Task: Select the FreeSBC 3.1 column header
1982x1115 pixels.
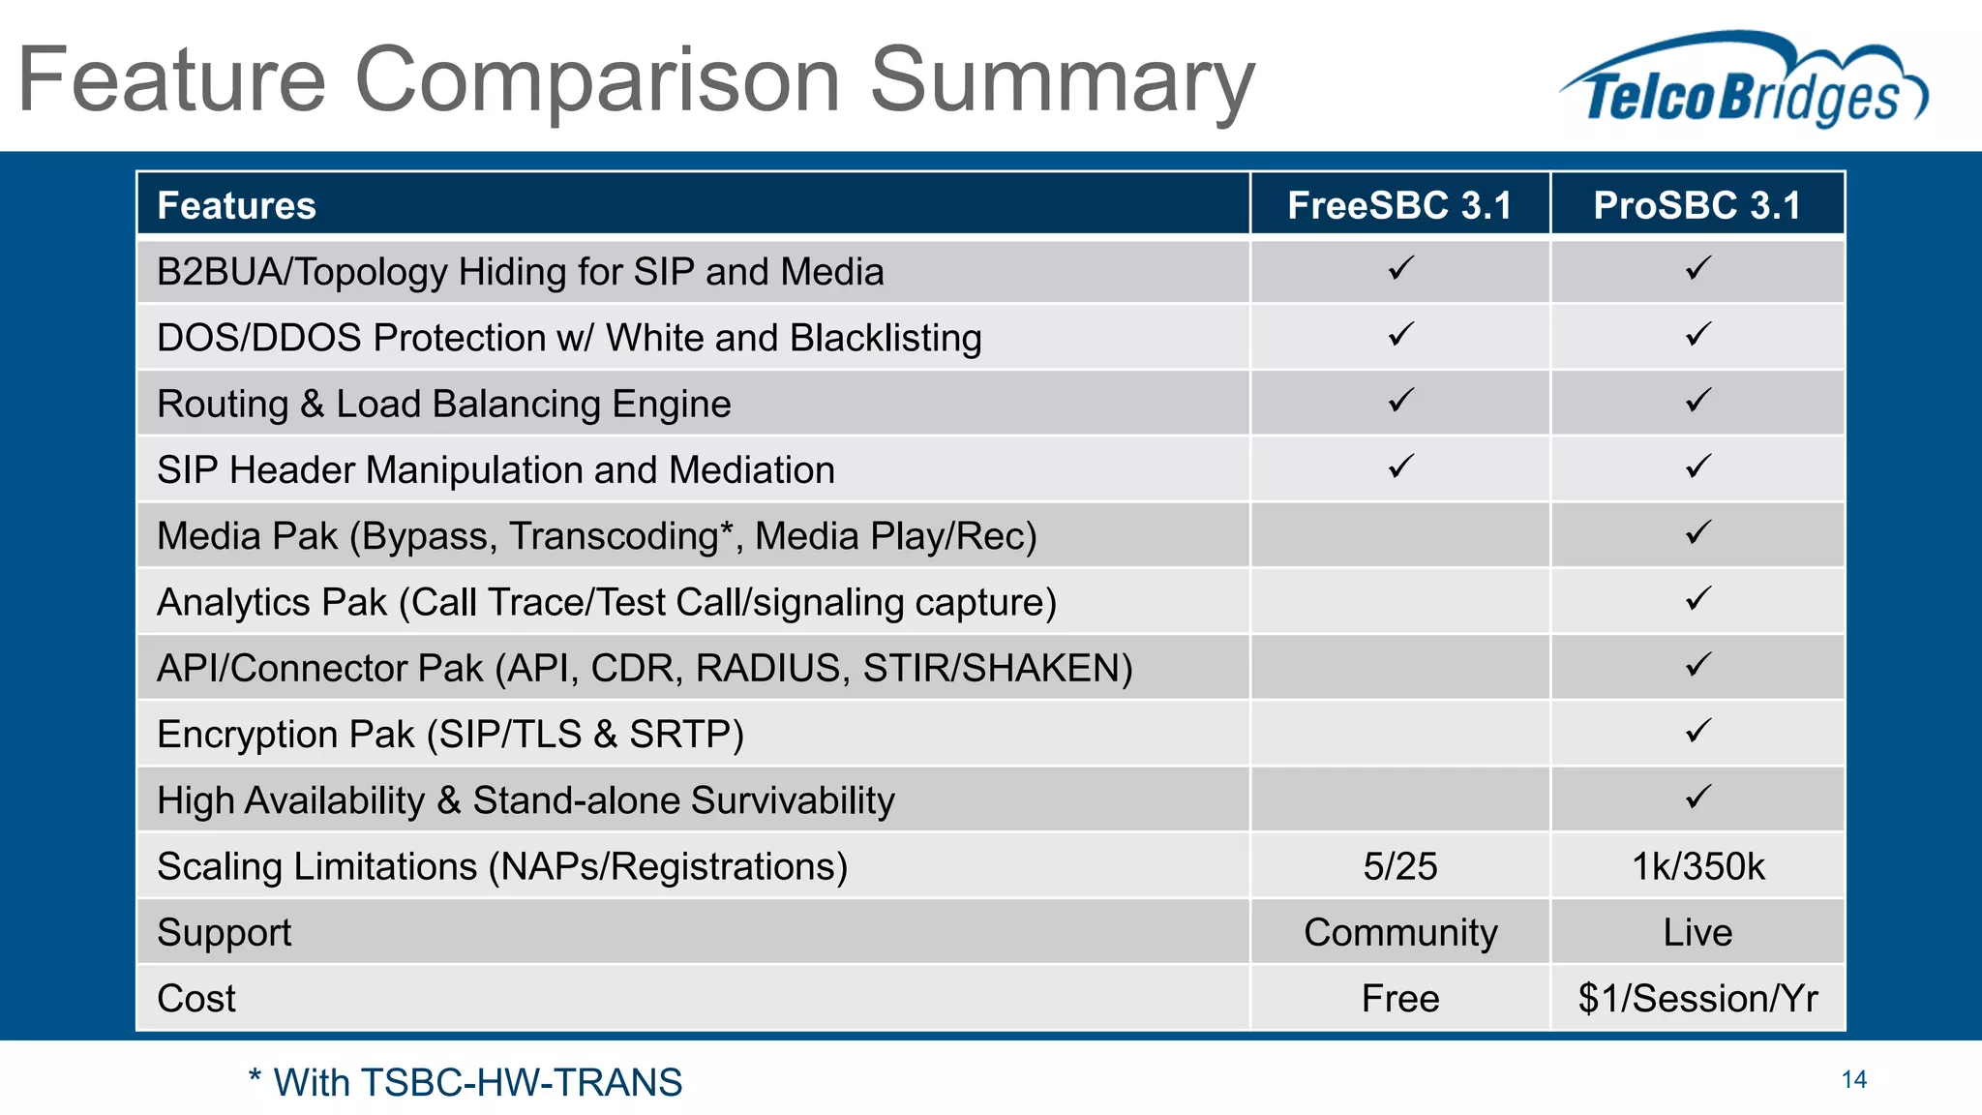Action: click(x=1399, y=205)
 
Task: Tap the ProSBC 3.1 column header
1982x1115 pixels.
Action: click(x=1697, y=205)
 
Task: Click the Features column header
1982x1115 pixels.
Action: click(x=237, y=205)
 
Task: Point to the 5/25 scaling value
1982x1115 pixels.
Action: click(x=1399, y=866)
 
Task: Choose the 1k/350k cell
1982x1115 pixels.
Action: click(x=1697, y=866)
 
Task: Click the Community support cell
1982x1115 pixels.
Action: click(x=1399, y=932)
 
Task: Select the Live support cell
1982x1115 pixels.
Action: click(x=1697, y=932)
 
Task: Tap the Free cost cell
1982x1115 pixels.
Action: click(x=1399, y=998)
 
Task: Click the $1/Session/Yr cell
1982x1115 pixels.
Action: click(x=1697, y=998)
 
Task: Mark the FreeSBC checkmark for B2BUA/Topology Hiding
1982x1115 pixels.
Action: click(x=1400, y=268)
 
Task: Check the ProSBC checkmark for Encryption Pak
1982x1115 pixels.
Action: click(x=1697, y=731)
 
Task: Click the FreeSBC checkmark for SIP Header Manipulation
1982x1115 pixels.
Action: click(x=1400, y=467)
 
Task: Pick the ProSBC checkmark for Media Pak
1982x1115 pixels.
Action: click(x=1697, y=532)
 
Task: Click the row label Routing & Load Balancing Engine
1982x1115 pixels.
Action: click(x=443, y=404)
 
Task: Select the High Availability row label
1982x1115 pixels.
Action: click(x=526, y=800)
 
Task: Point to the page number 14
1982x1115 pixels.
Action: click(x=1853, y=1079)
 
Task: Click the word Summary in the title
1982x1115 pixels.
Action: click(x=1062, y=80)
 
